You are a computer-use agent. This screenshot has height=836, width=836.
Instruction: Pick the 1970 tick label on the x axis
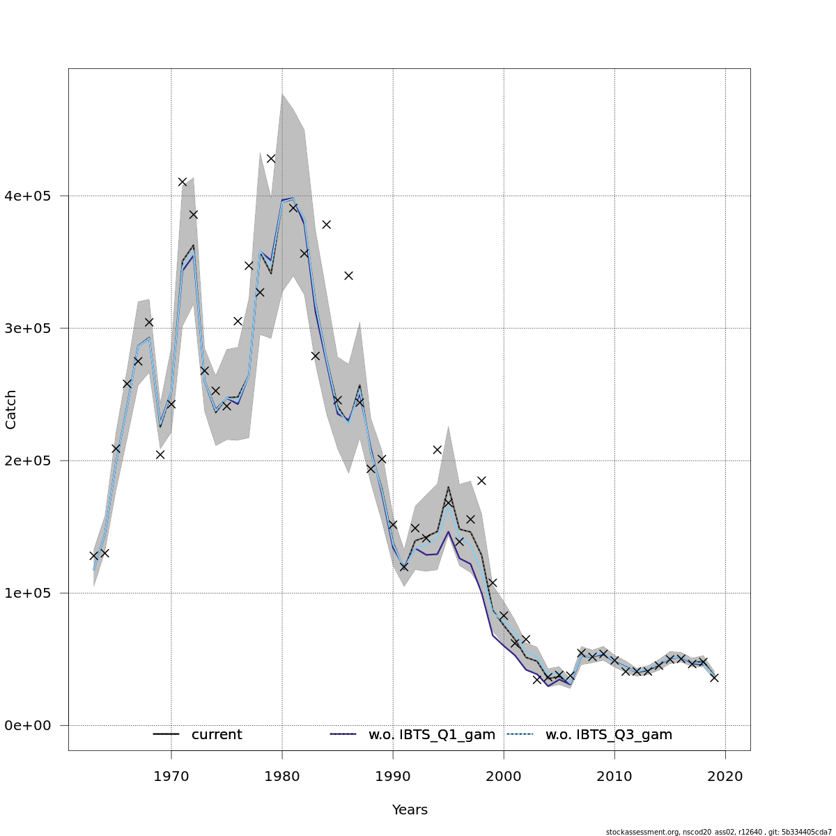(x=171, y=775)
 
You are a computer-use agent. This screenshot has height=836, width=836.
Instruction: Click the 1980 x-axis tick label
(x=282, y=775)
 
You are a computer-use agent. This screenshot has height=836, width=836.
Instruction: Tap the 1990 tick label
(x=393, y=775)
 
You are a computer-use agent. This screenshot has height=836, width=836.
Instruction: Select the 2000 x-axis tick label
(x=504, y=775)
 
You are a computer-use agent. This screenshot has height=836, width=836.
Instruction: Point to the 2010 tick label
(x=614, y=775)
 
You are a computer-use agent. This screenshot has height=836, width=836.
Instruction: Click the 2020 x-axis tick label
(x=725, y=775)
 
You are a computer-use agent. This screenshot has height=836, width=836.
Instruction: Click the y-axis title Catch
(x=11, y=409)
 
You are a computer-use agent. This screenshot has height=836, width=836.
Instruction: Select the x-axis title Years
(x=410, y=810)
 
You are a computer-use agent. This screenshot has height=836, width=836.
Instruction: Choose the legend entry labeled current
(x=216, y=735)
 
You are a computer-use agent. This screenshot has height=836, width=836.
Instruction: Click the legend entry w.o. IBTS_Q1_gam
(x=431, y=735)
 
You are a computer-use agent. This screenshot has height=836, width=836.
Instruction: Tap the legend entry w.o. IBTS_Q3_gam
(x=608, y=735)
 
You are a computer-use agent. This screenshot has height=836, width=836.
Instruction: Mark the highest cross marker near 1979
(x=271, y=159)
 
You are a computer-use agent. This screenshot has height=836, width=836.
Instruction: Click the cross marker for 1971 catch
(x=183, y=182)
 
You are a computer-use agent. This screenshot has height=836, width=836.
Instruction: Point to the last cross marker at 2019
(x=714, y=677)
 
